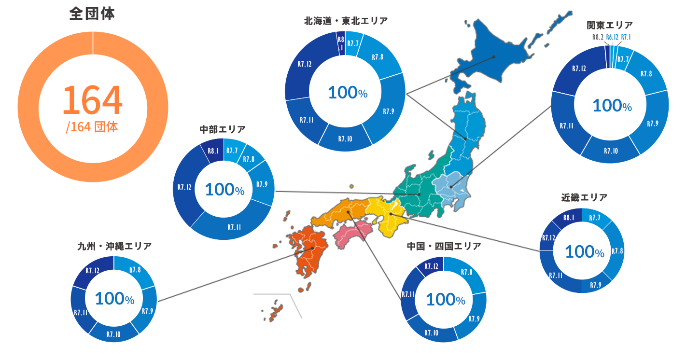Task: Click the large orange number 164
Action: click(x=93, y=100)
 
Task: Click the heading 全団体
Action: click(x=92, y=14)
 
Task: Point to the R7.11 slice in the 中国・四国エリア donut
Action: click(x=408, y=294)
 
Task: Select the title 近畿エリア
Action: click(x=584, y=197)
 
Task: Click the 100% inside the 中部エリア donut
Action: click(x=224, y=190)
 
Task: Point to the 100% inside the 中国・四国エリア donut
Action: click(x=446, y=300)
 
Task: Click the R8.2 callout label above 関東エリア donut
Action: click(x=597, y=37)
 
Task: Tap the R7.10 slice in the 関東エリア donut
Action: click(x=610, y=151)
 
